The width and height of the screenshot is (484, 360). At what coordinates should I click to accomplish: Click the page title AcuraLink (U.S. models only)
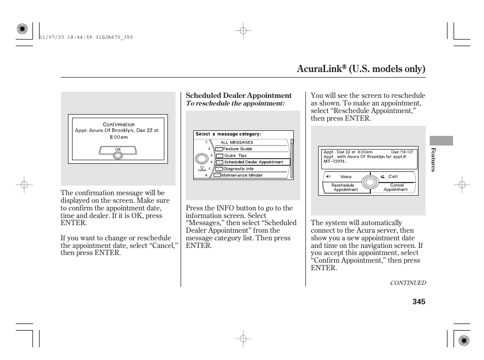(x=361, y=68)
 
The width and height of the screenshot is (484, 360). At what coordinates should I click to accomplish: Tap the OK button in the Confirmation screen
(x=117, y=150)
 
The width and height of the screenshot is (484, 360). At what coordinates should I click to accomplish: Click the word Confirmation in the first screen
(x=119, y=124)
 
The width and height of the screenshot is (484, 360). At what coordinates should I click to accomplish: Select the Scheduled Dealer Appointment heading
(x=238, y=95)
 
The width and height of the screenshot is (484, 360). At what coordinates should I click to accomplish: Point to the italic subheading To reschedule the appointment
(x=235, y=103)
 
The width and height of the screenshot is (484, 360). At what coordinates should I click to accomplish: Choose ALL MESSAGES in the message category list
(x=236, y=142)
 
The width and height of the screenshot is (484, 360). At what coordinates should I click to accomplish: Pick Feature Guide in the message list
(x=237, y=149)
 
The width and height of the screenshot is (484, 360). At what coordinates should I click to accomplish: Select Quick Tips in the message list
(x=235, y=156)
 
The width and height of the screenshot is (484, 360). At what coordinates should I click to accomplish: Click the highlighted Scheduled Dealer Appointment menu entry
(x=253, y=162)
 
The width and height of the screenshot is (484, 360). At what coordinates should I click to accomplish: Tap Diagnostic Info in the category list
(x=238, y=169)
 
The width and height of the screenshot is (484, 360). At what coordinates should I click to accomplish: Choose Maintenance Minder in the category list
(x=241, y=175)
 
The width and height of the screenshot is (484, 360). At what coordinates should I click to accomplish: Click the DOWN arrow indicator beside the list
(x=201, y=168)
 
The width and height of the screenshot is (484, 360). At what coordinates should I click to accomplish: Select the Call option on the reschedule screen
(x=393, y=176)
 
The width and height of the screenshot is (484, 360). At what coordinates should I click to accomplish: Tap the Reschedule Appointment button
(x=345, y=188)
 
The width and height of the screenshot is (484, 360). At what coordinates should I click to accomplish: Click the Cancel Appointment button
(x=395, y=188)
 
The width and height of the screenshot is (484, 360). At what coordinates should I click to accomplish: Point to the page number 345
(x=419, y=302)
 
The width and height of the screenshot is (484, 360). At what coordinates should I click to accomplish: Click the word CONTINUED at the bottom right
(x=407, y=283)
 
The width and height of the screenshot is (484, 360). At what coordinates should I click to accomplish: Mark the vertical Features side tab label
(x=433, y=159)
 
